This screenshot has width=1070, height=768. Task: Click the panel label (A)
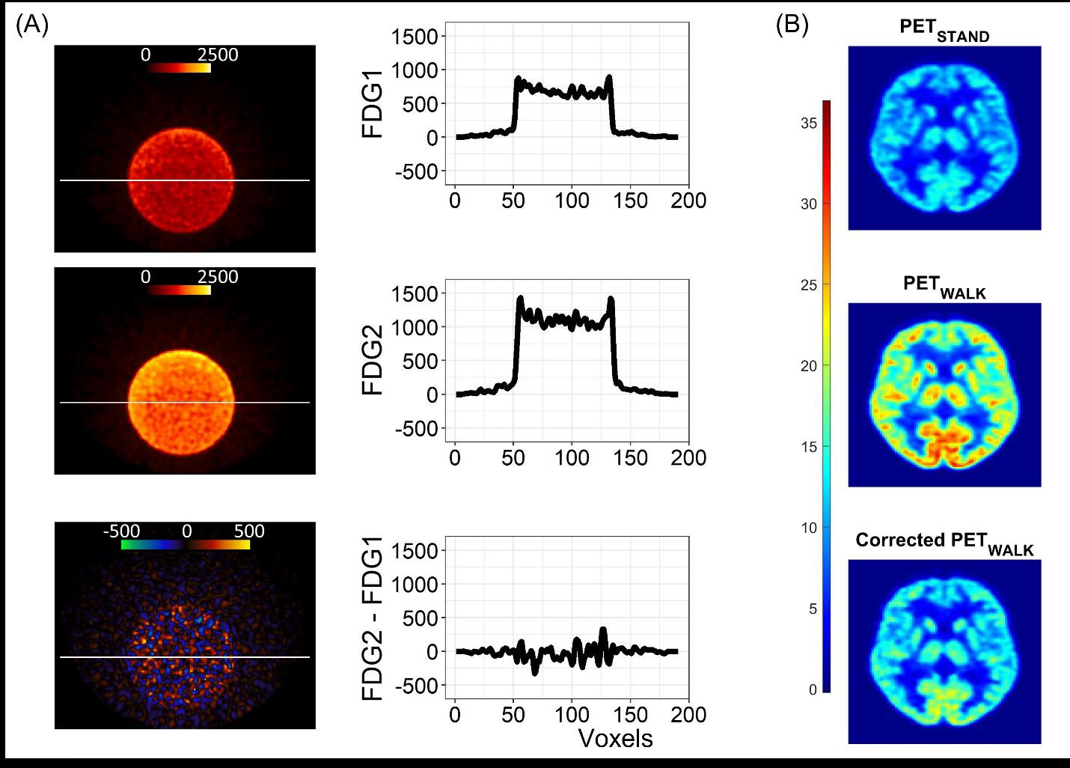click(x=31, y=25)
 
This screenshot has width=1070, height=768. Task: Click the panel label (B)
click(x=792, y=25)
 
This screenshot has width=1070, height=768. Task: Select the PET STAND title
click(x=944, y=30)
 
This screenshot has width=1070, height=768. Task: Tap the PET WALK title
click(x=944, y=287)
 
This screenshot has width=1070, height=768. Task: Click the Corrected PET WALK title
click(x=944, y=543)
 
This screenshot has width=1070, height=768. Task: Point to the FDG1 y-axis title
click(x=373, y=104)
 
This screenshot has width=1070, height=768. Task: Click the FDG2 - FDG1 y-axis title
click(x=373, y=618)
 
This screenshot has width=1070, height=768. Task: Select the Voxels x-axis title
click(x=615, y=739)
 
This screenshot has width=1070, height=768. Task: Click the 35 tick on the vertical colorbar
click(x=808, y=124)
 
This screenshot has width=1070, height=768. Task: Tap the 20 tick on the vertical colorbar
click(x=808, y=366)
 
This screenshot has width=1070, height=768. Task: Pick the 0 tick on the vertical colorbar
click(x=813, y=690)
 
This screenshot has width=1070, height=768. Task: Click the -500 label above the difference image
click(x=122, y=531)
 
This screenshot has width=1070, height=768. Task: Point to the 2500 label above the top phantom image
click(x=218, y=55)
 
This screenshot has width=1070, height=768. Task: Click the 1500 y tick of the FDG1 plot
click(x=416, y=37)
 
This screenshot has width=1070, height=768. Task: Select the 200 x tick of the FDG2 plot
click(x=688, y=457)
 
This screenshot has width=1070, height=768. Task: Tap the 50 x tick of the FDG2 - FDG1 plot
click(x=513, y=715)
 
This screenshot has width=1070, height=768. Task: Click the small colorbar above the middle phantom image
click(x=180, y=290)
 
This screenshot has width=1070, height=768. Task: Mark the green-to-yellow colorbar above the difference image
click(x=186, y=545)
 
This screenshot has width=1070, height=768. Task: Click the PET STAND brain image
click(x=944, y=138)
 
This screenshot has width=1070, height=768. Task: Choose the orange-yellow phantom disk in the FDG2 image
click(x=181, y=402)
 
